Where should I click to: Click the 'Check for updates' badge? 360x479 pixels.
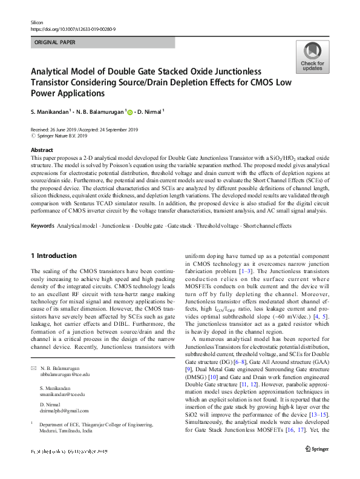312,58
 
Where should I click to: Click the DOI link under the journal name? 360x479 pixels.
73,28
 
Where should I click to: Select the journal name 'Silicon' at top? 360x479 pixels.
38,21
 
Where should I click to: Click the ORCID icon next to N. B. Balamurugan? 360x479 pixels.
128,111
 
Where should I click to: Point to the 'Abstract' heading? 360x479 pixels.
41,150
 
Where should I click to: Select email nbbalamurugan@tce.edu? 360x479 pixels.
64,375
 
